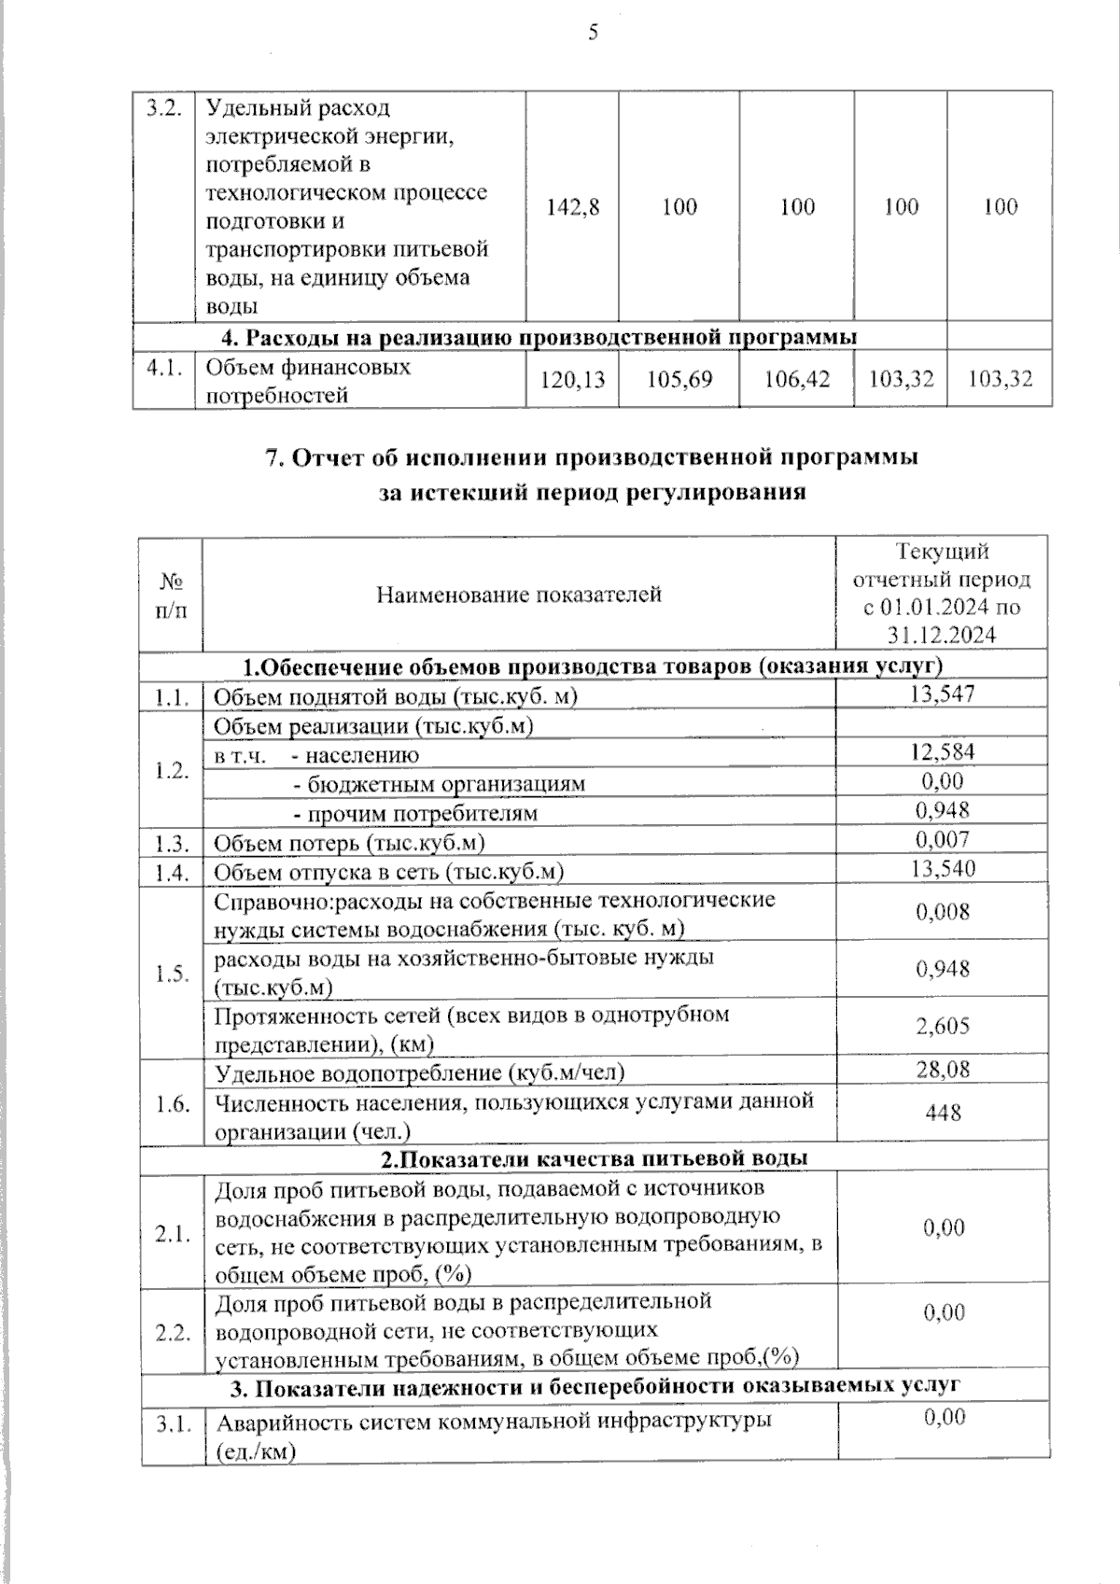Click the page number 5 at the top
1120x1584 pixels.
(593, 34)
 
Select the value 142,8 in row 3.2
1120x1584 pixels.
(573, 207)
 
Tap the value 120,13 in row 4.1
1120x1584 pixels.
(572, 380)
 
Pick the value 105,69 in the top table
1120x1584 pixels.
(679, 380)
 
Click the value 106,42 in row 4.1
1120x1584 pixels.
(796, 380)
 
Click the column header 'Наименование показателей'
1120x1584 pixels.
(519, 594)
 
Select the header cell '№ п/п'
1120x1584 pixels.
(171, 594)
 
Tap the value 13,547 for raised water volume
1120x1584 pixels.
(941, 694)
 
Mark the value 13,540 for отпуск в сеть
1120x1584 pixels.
(941, 869)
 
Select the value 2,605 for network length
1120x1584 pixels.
(942, 1027)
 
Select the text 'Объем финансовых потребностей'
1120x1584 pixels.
(308, 381)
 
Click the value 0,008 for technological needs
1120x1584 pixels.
(942, 912)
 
